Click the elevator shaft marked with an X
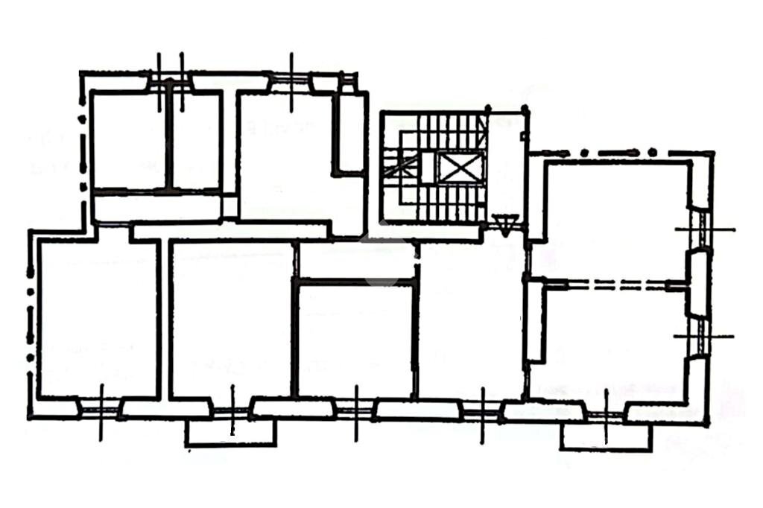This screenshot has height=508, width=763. tap(458, 167)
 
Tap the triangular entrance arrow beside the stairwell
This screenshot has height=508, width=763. tap(506, 223)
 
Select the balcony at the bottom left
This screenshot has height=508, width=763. tap(231, 433)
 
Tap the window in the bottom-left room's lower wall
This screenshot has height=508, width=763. tap(101, 407)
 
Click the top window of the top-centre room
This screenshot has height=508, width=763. tap(291, 81)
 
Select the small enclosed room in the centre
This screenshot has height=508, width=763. tap(355, 339)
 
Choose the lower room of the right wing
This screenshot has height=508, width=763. tap(611, 343)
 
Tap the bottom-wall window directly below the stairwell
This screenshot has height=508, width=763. tap(483, 408)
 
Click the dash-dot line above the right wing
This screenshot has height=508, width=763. tap(618, 153)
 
